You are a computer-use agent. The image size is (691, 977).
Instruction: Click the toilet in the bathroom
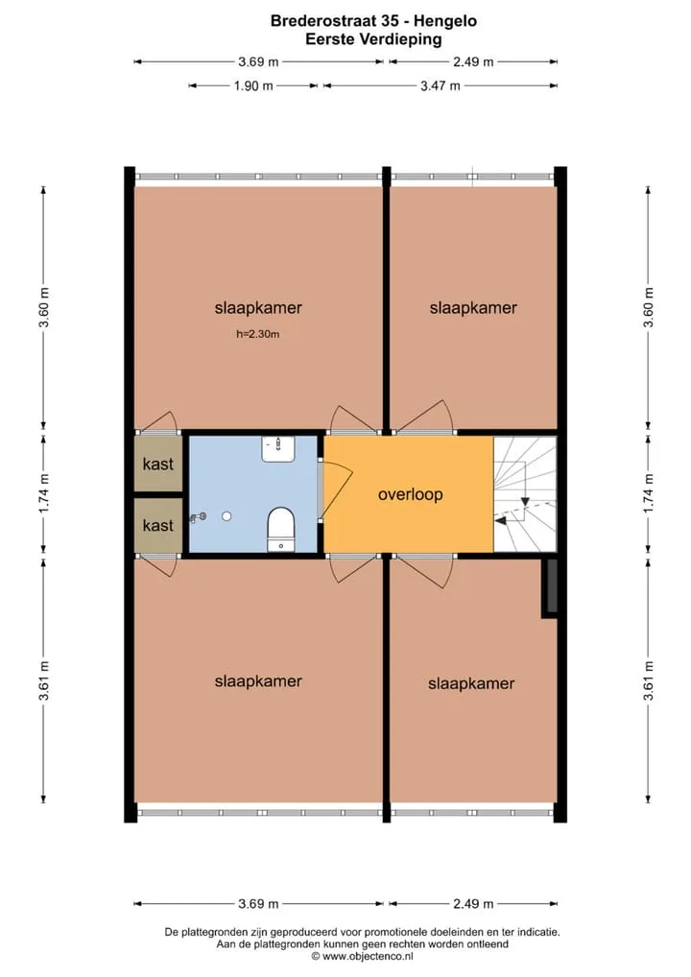click(281, 529)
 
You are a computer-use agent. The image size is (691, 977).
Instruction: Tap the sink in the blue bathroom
click(278, 448)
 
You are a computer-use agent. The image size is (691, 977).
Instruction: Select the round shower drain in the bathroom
click(226, 516)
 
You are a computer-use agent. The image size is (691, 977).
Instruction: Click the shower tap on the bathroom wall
click(198, 516)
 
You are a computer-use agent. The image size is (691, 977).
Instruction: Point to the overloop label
click(411, 494)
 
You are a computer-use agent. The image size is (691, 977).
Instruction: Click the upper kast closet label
click(158, 464)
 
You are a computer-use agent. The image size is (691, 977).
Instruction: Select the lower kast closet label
click(158, 525)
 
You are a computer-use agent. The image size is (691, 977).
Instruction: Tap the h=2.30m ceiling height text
click(258, 334)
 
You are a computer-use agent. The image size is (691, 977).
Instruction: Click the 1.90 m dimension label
click(253, 86)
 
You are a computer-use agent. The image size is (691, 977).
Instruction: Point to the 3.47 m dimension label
click(440, 86)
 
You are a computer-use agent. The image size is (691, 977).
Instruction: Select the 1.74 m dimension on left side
click(43, 494)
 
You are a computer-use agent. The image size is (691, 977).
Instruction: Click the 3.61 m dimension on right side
click(649, 680)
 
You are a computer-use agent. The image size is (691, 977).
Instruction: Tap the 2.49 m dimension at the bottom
click(473, 903)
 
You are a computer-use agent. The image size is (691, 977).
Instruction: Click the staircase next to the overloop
click(525, 493)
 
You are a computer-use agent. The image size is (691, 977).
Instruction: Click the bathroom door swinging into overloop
click(337, 490)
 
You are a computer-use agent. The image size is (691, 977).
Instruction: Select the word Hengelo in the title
click(445, 20)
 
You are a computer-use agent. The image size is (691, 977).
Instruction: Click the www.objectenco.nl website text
click(367, 956)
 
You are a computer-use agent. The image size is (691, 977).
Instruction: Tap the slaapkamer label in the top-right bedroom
click(473, 308)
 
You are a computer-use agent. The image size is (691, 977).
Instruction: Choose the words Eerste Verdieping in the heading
click(374, 39)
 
